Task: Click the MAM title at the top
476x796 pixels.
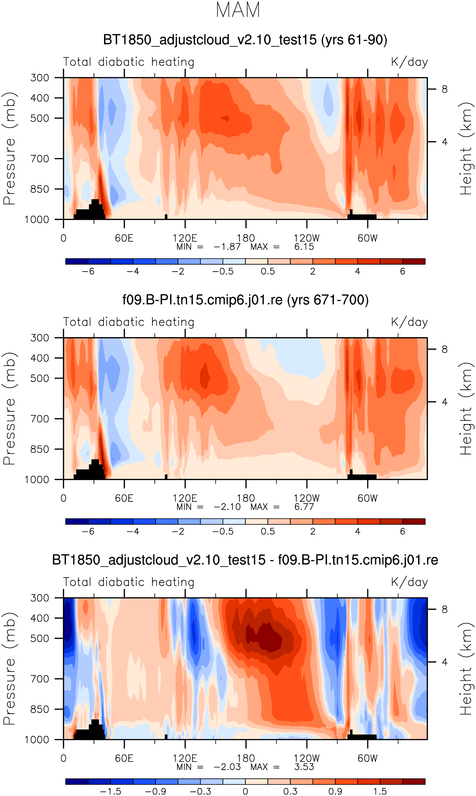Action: click(x=238, y=10)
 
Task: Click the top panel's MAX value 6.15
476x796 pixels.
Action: click(x=304, y=247)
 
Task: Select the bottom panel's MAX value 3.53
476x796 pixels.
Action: click(x=304, y=767)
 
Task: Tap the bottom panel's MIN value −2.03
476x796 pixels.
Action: click(x=227, y=767)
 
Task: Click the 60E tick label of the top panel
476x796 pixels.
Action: click(x=124, y=238)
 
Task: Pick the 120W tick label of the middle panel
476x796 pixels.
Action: click(x=307, y=498)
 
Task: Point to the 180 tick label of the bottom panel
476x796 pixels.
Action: click(x=246, y=759)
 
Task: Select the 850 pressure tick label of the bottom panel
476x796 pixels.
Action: click(x=40, y=709)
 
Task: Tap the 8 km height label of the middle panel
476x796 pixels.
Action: click(x=444, y=349)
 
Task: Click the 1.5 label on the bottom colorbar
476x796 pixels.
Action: click(x=380, y=791)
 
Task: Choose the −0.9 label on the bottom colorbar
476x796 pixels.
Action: click(x=155, y=791)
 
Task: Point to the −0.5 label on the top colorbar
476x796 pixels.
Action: click(x=223, y=271)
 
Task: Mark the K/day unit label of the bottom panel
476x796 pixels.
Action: click(x=409, y=582)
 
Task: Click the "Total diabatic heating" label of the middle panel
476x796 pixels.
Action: click(x=129, y=322)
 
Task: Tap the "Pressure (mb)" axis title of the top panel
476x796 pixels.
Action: click(x=10, y=148)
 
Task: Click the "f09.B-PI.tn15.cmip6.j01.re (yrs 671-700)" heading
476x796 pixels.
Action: click(x=245, y=300)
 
